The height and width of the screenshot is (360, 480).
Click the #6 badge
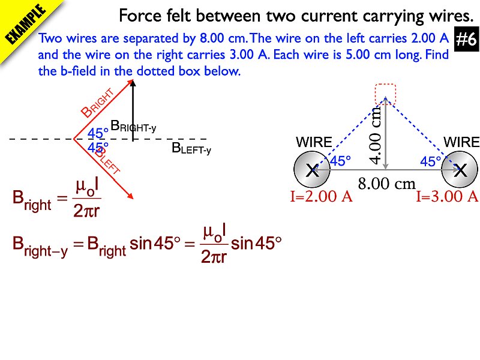[466, 40]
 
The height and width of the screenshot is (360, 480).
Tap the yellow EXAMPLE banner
[26, 25]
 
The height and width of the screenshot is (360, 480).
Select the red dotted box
[385, 94]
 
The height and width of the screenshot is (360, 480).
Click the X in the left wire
[312, 170]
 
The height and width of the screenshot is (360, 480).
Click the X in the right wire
[460, 170]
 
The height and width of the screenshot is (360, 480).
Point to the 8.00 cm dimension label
[386, 184]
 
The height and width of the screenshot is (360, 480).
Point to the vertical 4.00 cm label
[376, 135]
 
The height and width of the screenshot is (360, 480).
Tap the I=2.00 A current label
[321, 196]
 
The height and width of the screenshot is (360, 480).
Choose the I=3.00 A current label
[447, 196]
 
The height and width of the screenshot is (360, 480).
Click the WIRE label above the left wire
[314, 142]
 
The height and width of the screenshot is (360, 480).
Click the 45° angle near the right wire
[430, 161]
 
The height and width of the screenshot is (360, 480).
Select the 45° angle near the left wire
[340, 161]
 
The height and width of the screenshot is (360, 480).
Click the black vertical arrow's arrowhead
[133, 83]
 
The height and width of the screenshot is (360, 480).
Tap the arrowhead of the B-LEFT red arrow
[130, 196]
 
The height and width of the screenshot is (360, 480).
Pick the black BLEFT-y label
[191, 149]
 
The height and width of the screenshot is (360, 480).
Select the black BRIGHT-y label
[133, 127]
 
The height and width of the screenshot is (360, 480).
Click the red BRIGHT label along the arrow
[98, 103]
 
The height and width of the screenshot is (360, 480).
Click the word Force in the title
[140, 16]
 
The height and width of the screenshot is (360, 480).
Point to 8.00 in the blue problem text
[212, 38]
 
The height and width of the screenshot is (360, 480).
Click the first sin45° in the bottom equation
[155, 244]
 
